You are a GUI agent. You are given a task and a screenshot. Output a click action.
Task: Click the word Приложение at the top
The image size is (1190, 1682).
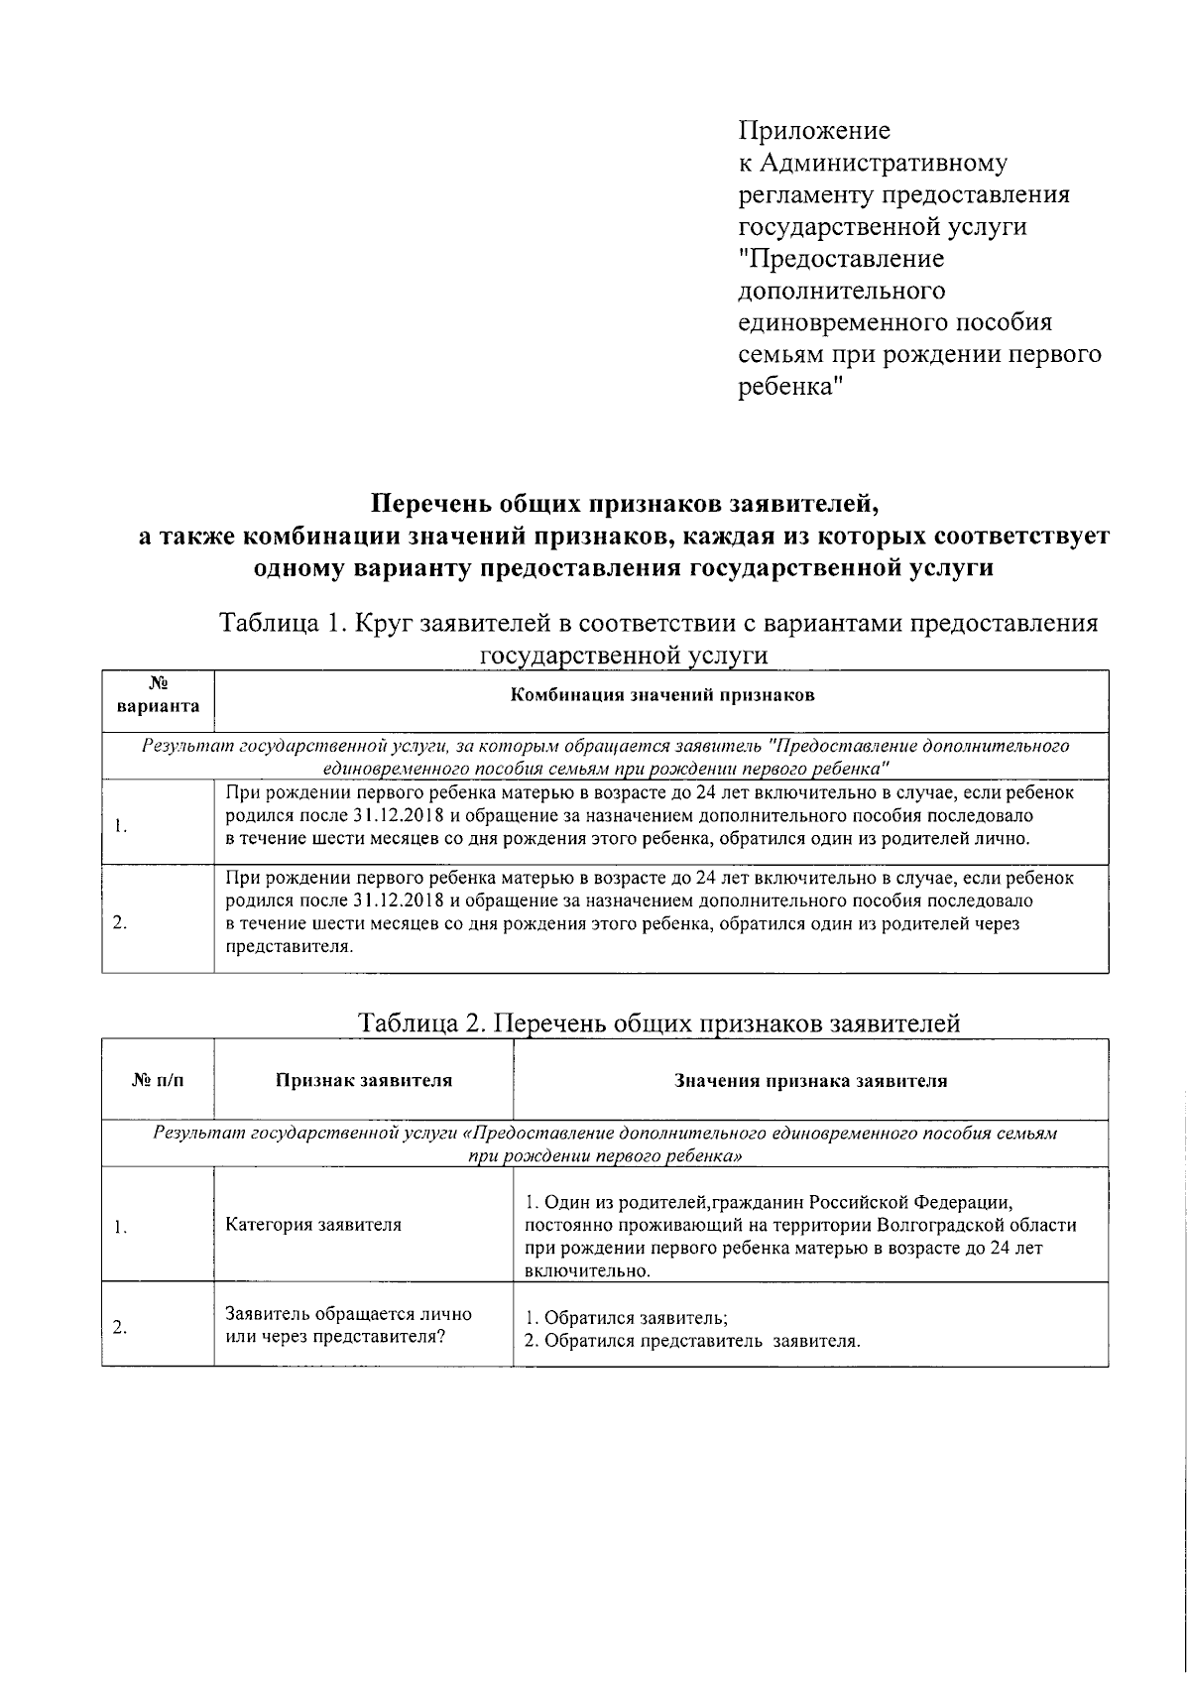coord(814,131)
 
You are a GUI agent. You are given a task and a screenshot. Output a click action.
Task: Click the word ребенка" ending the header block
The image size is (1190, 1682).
coord(790,387)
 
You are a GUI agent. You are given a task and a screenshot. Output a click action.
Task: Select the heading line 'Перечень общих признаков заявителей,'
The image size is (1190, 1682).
coord(625,504)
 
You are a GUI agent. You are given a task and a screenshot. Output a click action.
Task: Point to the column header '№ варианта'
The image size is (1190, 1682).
coord(158,696)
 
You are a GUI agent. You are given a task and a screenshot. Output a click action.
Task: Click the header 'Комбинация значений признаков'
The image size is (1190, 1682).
coord(661,695)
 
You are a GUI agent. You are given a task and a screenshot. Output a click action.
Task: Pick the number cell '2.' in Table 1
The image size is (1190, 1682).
coord(119,922)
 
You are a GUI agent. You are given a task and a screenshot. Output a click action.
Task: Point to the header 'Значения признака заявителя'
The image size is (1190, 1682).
coord(810,1081)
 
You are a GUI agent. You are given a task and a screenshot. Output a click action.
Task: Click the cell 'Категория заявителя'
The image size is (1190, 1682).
coord(313,1225)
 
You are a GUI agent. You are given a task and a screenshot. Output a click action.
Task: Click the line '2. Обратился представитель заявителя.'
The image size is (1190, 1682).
coord(692,1342)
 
